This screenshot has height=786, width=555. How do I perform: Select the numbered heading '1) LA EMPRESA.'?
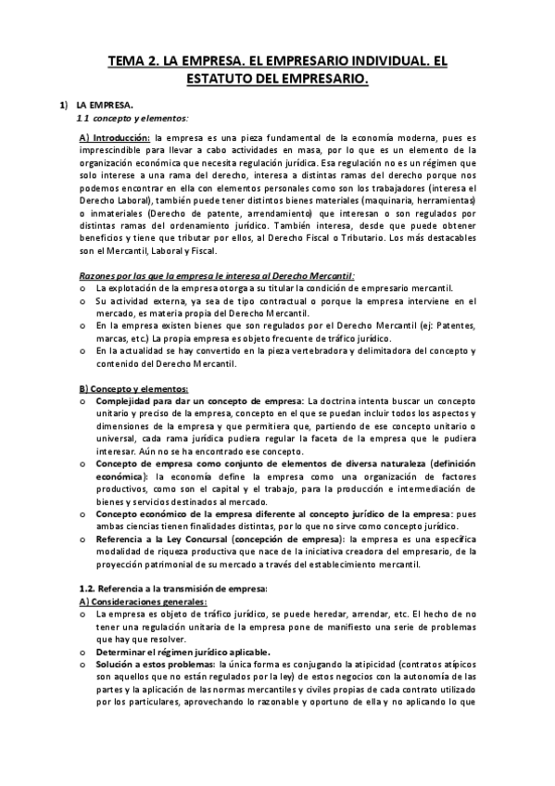pos(96,107)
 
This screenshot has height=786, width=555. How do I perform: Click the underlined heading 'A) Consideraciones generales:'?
pos(144,602)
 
